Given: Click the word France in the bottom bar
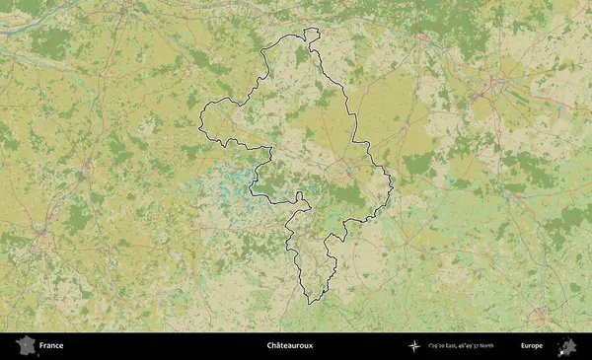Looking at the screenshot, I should point(51,346).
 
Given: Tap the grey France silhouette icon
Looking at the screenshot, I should point(26,345).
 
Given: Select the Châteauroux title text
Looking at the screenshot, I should point(291,346).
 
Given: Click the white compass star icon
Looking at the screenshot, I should point(414,346).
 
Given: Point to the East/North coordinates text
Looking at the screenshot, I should point(465,346).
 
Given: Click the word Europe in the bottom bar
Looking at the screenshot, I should point(532,346).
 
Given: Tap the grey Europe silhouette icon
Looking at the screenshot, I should point(567,346).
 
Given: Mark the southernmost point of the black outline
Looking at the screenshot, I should point(310,303).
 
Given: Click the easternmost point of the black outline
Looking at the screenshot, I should point(393,181).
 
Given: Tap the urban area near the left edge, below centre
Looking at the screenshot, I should point(41,235).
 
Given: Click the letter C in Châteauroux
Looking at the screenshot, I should point(269,346).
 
